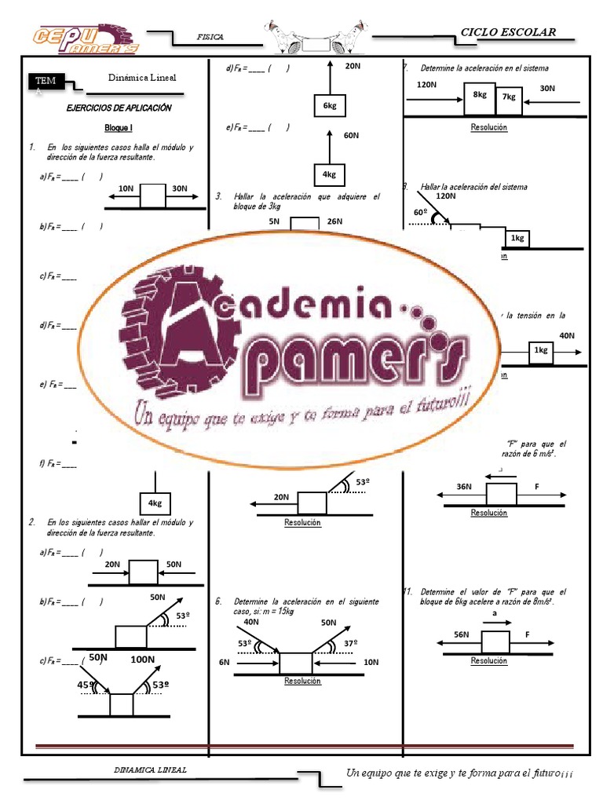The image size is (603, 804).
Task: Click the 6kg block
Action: pos(329,105)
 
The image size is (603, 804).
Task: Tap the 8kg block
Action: pos(479,94)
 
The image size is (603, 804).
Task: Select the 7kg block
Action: pos(509,97)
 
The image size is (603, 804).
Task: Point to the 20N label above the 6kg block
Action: pos(352,66)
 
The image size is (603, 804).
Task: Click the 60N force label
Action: pos(351,136)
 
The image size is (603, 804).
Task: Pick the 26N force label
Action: pos(334,221)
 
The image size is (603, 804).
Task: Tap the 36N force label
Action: pos(463,487)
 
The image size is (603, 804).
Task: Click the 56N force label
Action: pos(461,634)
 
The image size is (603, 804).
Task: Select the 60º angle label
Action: pos(420,213)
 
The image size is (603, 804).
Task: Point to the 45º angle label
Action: pos(86,685)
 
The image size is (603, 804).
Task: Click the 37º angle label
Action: pos(351,644)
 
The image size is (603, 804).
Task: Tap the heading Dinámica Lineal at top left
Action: pos(142,78)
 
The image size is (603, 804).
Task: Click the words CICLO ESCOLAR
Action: pos(508,32)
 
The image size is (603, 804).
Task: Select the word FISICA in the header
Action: pos(210,37)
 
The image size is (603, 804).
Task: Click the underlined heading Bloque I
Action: pos(119,127)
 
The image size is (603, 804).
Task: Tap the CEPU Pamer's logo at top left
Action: pos(85,38)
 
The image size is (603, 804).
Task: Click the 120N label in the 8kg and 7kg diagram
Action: pos(428,84)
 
